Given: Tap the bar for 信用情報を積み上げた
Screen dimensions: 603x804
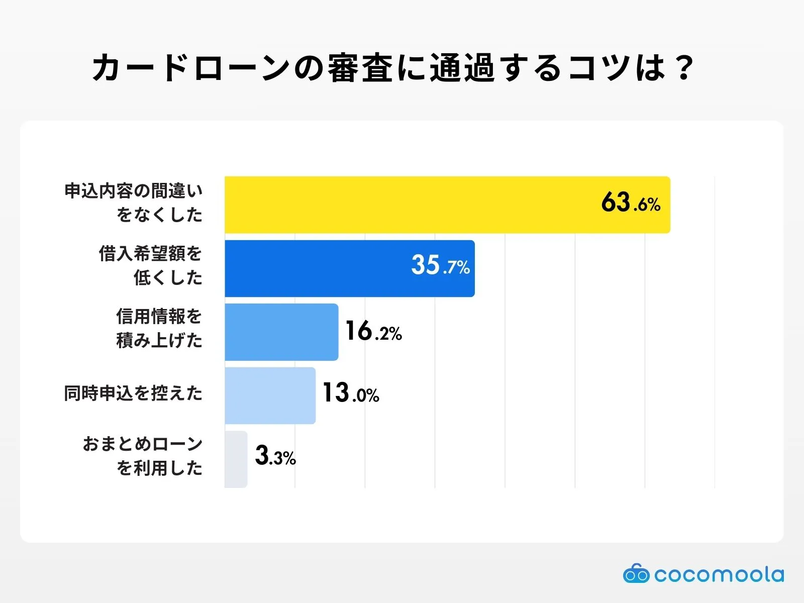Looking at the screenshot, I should click(x=281, y=332).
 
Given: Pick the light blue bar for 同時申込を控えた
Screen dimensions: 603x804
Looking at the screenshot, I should click(x=270, y=395).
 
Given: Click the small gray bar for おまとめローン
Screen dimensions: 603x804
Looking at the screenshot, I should click(x=236, y=459).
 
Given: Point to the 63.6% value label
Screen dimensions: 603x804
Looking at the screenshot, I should click(x=630, y=203).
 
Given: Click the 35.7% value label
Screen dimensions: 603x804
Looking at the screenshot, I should click(x=440, y=265).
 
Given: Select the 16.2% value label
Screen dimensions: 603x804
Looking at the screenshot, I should click(x=373, y=332).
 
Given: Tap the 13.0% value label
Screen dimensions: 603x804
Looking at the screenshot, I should click(x=350, y=393).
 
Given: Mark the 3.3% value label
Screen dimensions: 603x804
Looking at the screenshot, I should click(x=275, y=456).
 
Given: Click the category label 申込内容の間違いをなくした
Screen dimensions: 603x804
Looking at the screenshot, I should click(x=134, y=203).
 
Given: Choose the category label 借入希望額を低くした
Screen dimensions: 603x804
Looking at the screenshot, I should click(x=151, y=265).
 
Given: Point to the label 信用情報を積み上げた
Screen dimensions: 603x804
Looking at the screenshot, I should click(x=159, y=329).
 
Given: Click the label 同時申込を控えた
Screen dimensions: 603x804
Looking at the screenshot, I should click(x=133, y=393).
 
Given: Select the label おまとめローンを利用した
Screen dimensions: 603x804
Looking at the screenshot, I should click(x=143, y=456).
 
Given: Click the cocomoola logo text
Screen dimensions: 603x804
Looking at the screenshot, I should click(x=719, y=574).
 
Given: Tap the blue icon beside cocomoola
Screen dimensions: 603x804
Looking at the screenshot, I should click(x=636, y=573).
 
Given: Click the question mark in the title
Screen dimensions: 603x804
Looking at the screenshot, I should click(x=684, y=68).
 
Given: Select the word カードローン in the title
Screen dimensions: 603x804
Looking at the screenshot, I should click(x=191, y=68).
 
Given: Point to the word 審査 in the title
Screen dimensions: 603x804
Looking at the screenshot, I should click(x=360, y=68).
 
